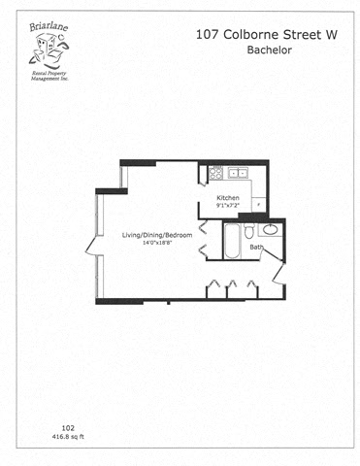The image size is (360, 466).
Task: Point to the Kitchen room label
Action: click(229, 198)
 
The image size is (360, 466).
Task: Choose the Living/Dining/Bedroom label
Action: click(157, 236)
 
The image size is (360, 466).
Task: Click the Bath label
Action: click(256, 249)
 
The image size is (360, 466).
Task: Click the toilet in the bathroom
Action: click(249, 231)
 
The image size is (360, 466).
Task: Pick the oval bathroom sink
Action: click(270, 230)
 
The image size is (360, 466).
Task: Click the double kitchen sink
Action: click(238, 175)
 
